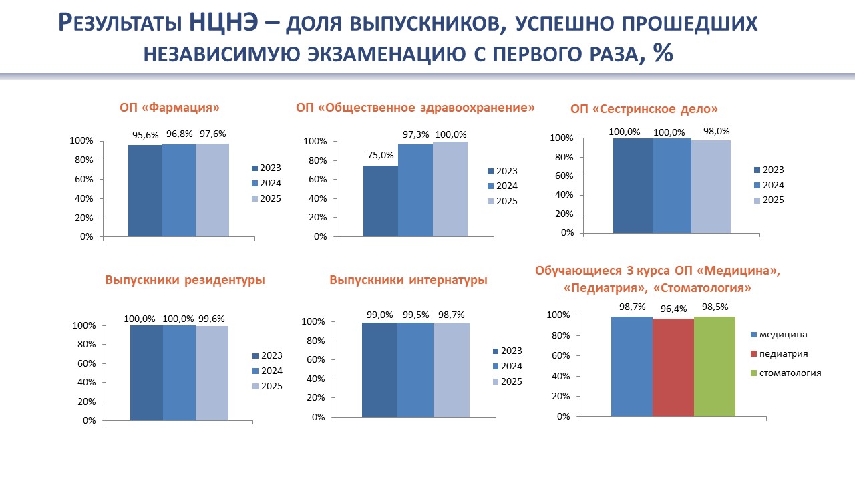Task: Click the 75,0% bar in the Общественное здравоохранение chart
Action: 381,201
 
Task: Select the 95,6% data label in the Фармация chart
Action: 145,136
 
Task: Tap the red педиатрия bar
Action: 673,367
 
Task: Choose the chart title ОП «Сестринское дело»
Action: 644,109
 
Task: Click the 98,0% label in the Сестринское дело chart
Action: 716,132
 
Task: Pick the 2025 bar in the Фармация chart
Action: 212,190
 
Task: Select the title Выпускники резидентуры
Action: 185,281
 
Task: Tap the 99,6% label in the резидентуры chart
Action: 213,319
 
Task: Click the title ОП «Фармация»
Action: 170,107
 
